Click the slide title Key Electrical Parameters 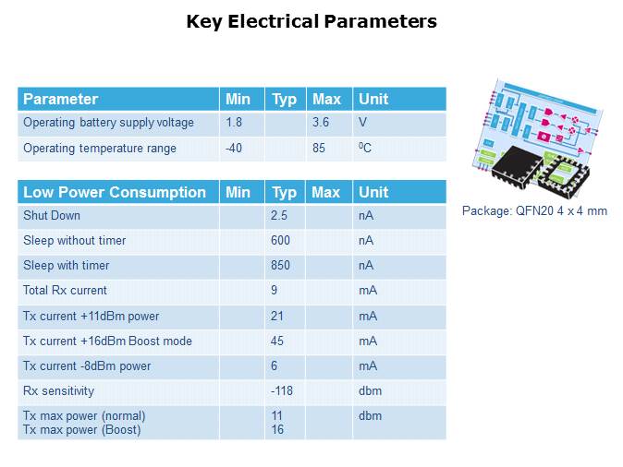click(311, 21)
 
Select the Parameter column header click(60, 99)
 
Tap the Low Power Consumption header click(115, 192)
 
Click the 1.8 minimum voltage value click(235, 123)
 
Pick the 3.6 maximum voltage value click(321, 123)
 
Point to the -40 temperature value click(234, 148)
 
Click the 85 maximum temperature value click(319, 148)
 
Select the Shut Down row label click(52, 216)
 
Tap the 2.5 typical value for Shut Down click(279, 216)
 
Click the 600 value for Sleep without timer click(281, 241)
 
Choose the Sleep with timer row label click(67, 266)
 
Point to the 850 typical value click(281, 266)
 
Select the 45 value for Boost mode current click(277, 341)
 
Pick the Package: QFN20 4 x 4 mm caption click(534, 211)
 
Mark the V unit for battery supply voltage click(363, 123)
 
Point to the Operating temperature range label click(100, 148)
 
